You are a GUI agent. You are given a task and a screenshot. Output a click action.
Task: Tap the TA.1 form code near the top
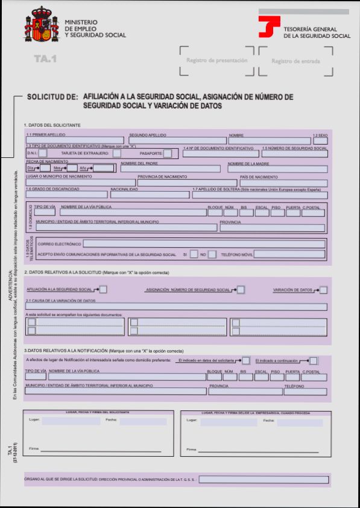pyautogui.click(x=45, y=59)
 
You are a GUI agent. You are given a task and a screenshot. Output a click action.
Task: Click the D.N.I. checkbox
pyautogui.click(x=44, y=154)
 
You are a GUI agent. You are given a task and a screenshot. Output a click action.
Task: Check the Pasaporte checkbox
pyautogui.click(x=168, y=154)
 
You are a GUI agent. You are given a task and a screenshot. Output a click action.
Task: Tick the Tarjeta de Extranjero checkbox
pyautogui.click(x=116, y=154)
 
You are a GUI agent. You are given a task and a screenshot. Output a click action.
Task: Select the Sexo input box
pyautogui.click(x=320, y=141)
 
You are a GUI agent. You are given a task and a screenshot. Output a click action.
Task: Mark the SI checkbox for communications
pyautogui.click(x=194, y=254)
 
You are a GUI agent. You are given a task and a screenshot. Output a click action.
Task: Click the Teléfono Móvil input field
pyautogui.click(x=290, y=254)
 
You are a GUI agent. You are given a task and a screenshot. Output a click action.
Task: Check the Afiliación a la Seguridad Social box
pyautogui.click(x=103, y=290)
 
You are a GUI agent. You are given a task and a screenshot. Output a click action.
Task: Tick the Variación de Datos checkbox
pyautogui.click(x=324, y=290)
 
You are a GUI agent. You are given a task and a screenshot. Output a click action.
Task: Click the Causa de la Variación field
pyautogui.click(x=176, y=307)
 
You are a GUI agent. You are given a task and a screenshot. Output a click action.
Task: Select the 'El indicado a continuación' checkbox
pyautogui.click(x=314, y=360)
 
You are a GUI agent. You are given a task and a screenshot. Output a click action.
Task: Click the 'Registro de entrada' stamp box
pyautogui.click(x=295, y=61)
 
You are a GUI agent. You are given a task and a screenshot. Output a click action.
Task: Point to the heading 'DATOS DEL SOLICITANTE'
pyautogui.click(x=52, y=125)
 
